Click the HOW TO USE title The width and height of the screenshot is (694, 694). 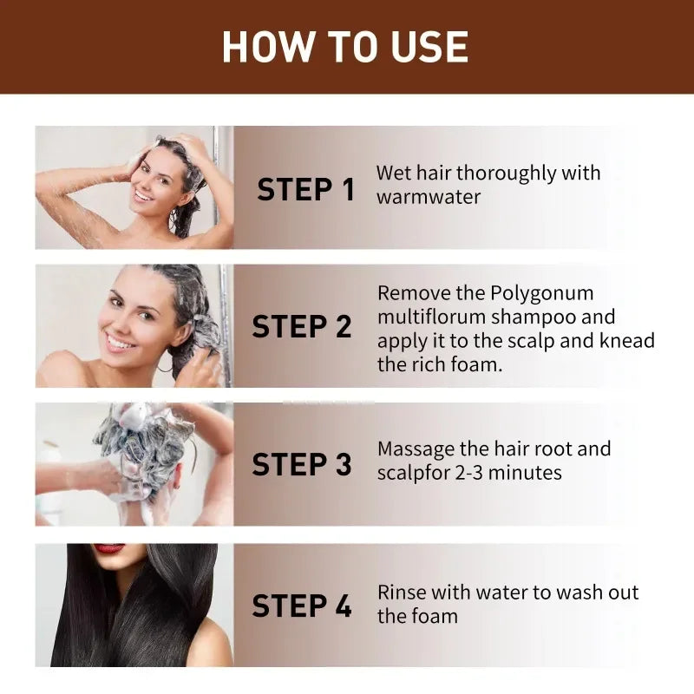[345, 47]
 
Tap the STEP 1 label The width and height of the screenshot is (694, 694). [305, 189]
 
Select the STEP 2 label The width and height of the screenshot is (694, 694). [301, 326]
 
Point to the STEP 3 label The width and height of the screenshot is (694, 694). [301, 464]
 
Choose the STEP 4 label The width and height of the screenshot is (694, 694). [301, 606]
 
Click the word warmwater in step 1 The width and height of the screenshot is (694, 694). [428, 197]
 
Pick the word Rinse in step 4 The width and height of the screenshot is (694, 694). [402, 593]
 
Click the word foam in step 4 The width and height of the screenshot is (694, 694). [434, 616]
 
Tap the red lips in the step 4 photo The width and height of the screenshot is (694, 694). [109, 548]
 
